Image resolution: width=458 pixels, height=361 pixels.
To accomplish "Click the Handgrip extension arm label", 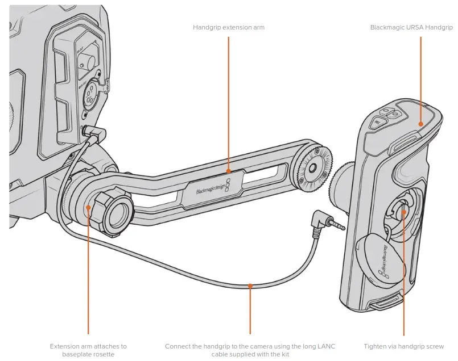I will tap(228, 27).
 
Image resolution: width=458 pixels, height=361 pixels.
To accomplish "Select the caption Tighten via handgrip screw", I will tap(403, 346).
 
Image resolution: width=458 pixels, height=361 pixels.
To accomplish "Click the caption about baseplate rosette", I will tap(88, 350).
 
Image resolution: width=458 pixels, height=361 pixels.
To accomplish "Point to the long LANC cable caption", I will tap(251, 350).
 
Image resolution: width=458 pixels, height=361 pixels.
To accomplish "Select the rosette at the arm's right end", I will tap(311, 166).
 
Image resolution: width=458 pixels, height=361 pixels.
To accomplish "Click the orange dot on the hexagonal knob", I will tap(88, 208).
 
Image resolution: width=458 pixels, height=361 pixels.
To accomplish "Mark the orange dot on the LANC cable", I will tap(251, 286).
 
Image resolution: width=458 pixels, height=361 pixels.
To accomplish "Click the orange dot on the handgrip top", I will tap(420, 123).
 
